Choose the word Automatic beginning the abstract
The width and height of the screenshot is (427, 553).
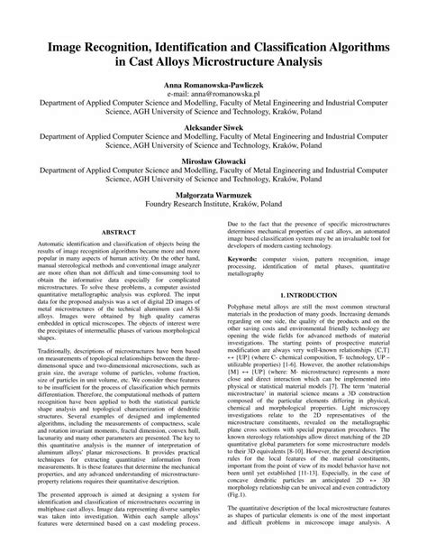pos(55,245)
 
